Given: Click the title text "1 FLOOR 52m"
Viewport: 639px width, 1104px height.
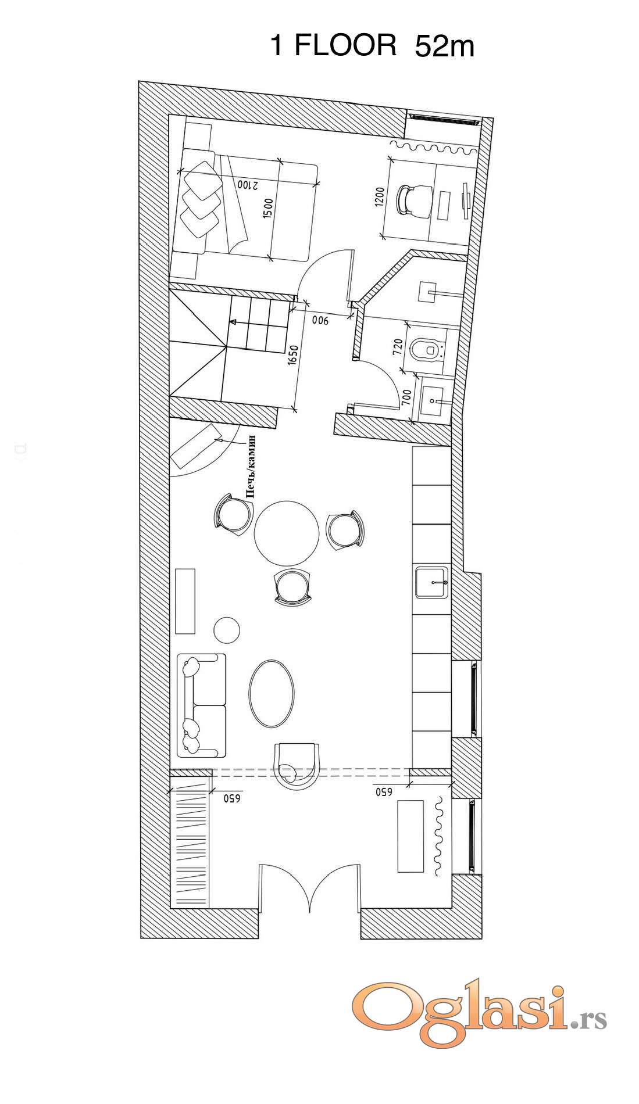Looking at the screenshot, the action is point(372,45).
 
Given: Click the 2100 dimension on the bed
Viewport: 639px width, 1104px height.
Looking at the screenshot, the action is point(247,185).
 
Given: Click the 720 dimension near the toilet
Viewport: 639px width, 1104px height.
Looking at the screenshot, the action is point(398,347).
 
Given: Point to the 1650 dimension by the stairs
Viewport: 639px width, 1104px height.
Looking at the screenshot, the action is point(292,355).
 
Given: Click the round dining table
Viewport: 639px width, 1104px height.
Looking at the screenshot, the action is point(287,533).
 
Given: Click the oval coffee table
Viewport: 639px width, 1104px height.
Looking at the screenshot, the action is point(272,693).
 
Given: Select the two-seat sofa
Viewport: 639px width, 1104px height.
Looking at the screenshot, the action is point(201,705).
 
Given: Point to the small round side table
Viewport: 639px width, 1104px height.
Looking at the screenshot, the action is point(227,630).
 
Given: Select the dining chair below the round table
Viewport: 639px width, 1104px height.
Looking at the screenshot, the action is point(292,587).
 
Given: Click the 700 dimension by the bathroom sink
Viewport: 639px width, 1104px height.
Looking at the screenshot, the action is point(406,397).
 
